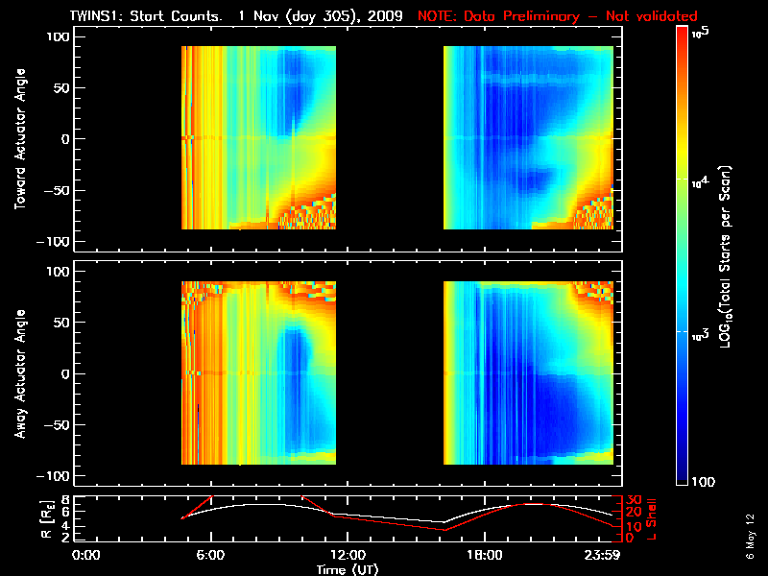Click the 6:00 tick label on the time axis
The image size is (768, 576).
(x=210, y=555)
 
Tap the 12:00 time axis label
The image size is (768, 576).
(x=347, y=555)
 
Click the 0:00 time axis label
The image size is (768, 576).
(x=86, y=555)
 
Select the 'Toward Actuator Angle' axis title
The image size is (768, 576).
(x=19, y=138)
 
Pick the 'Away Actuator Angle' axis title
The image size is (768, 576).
(x=19, y=373)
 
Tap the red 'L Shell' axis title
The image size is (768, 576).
(x=654, y=518)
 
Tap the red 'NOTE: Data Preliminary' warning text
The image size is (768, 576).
(x=557, y=16)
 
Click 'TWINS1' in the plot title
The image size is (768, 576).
(x=95, y=16)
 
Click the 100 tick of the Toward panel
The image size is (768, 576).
(x=60, y=37)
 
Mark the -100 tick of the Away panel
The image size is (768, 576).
(x=56, y=476)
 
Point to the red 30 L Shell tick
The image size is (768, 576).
(x=633, y=499)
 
